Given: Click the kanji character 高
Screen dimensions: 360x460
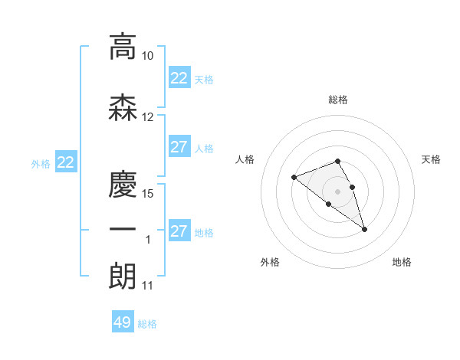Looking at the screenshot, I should (x=123, y=47).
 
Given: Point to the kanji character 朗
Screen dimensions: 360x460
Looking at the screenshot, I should (x=123, y=276).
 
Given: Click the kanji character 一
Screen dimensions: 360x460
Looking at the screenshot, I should (x=123, y=230).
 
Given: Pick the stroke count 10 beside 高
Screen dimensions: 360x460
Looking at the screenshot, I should (x=148, y=57).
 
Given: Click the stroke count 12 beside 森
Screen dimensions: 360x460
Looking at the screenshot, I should (x=148, y=117).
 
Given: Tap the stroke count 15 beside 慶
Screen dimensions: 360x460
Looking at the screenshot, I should (x=148, y=193).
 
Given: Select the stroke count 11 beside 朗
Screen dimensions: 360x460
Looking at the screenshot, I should (x=148, y=286).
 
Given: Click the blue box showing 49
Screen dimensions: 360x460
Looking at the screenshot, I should (x=123, y=322).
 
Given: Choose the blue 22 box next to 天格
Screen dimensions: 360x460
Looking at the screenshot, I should (x=179, y=78).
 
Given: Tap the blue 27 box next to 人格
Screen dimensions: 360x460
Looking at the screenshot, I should (x=179, y=147).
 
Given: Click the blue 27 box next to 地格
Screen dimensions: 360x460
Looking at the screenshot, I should (x=179, y=231).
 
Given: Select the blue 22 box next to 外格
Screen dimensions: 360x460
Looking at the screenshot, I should (x=65, y=162).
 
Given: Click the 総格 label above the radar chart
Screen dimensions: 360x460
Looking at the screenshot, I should (x=338, y=100).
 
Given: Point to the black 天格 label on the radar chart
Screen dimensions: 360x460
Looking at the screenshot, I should (x=431, y=159).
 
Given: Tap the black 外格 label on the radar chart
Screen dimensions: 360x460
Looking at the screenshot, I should (x=270, y=262).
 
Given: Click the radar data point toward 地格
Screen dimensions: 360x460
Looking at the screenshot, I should (x=364, y=229).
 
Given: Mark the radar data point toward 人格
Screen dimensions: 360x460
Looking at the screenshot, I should (x=294, y=178).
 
